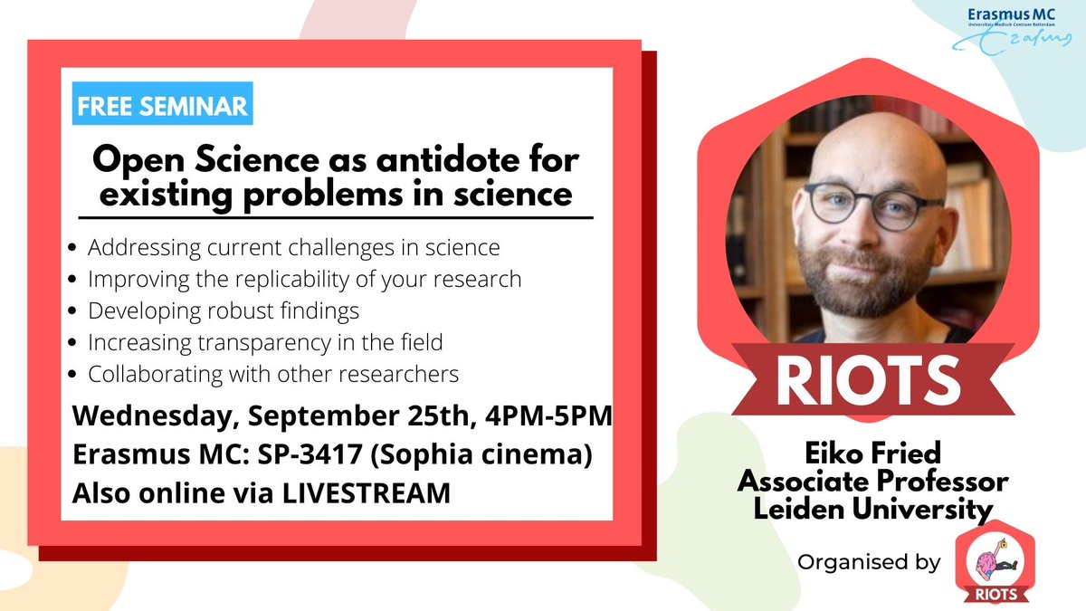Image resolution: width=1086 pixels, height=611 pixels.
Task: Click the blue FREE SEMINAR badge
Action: [164, 105]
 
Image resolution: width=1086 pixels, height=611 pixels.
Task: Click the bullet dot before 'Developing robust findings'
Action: [72, 311]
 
